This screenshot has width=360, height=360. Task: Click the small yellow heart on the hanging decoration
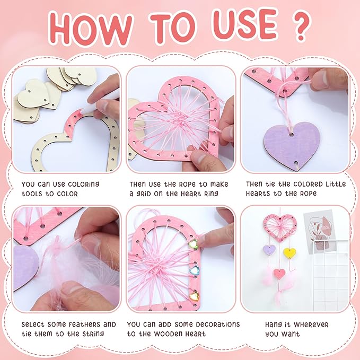click(x=289, y=253)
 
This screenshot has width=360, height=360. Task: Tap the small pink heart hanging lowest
click(x=279, y=274)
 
